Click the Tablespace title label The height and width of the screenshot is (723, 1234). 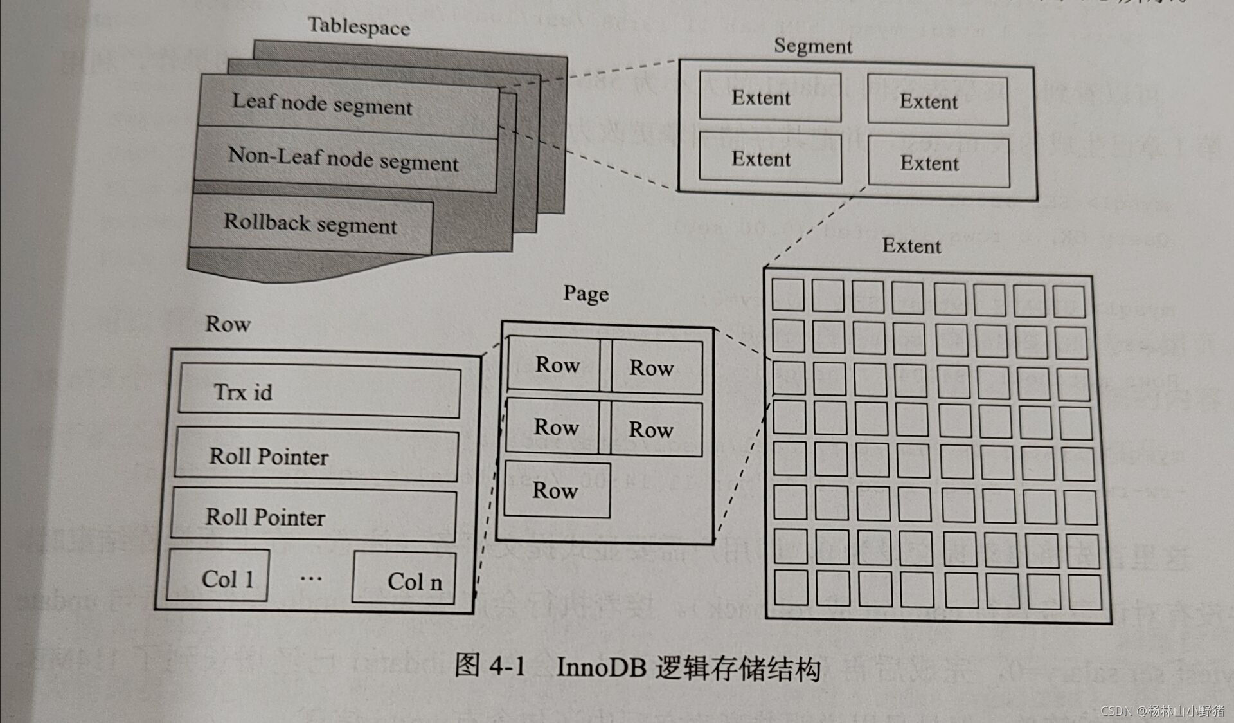point(359,27)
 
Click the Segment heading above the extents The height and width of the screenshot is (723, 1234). point(812,46)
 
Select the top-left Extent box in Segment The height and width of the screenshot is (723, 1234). point(770,97)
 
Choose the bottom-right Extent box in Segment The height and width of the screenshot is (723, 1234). point(938,163)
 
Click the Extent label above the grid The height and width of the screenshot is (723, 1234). point(911,246)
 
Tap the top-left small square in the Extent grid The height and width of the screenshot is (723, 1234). point(787,295)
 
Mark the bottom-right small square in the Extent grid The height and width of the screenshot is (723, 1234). point(1086,592)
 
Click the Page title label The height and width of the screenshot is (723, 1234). point(586,294)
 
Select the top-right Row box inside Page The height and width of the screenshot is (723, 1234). point(656,367)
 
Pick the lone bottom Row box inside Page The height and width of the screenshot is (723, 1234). point(557,491)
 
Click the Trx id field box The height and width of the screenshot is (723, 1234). point(319,392)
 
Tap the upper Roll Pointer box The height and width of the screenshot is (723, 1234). point(316,456)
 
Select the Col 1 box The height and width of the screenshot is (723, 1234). point(219,577)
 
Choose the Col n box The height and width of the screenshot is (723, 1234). point(404,579)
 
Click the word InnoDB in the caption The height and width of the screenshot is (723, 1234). point(600,667)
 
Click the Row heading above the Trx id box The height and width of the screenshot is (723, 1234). point(228,324)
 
